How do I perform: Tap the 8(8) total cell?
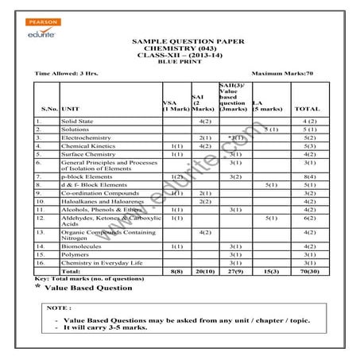[176, 271]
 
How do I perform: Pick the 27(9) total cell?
[234, 271]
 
